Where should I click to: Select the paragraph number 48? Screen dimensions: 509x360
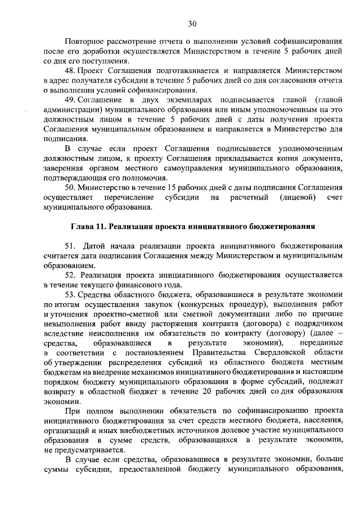70,71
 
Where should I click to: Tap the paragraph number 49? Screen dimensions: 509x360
70,100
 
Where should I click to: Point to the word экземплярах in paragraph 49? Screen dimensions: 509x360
164,100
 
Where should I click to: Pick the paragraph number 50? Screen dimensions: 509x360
70,187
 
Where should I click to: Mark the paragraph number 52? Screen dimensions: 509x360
70,275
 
